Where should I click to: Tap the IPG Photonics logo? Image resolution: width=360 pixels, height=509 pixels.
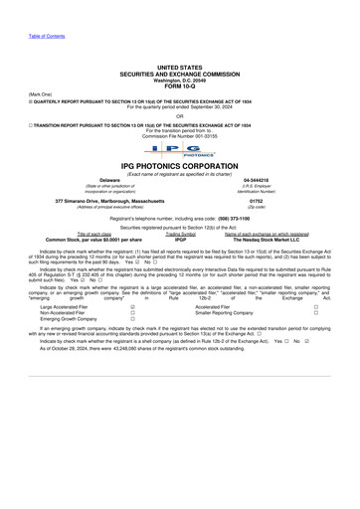tap(180, 152)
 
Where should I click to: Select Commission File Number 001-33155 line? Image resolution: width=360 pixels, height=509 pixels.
tap(180, 134)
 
